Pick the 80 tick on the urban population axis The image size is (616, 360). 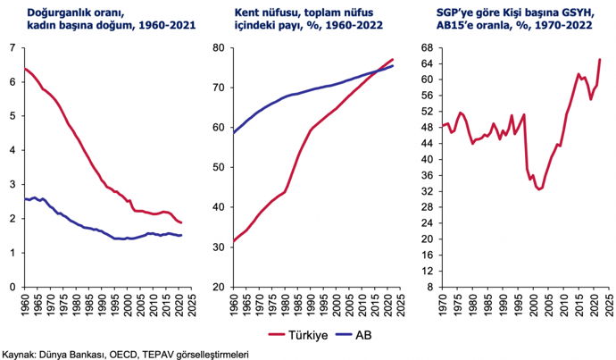(x=216, y=47)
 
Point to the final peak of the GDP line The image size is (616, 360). (x=599, y=60)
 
